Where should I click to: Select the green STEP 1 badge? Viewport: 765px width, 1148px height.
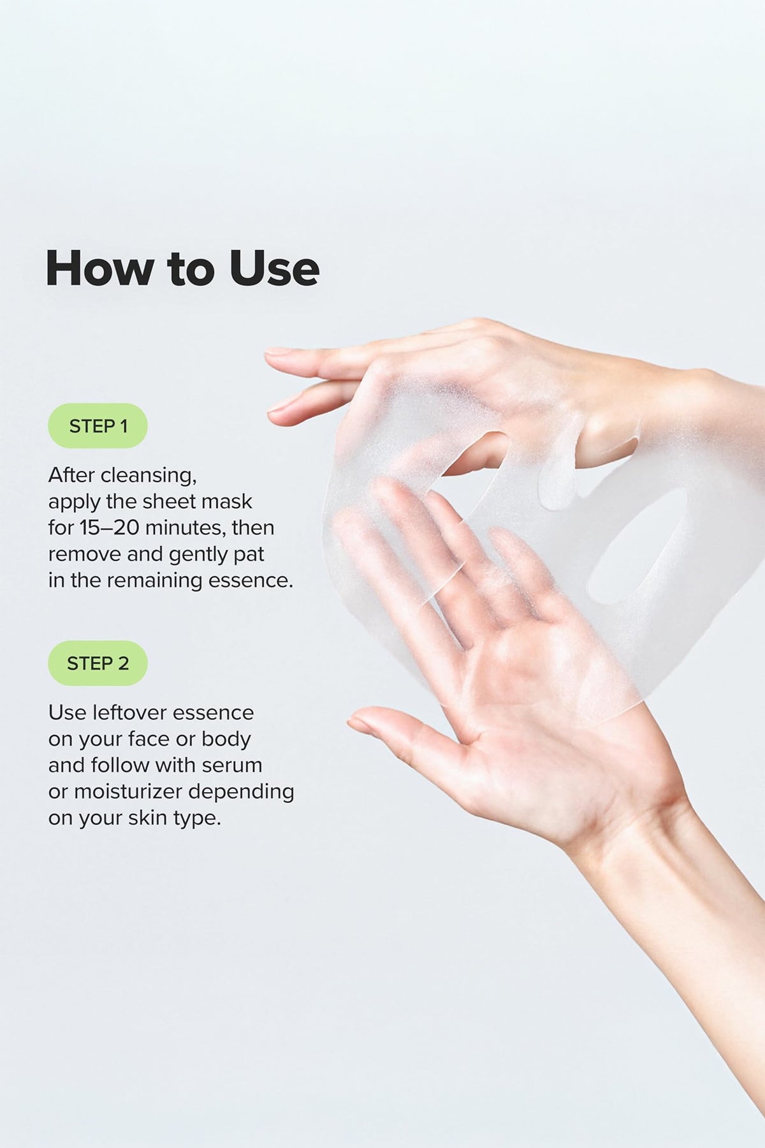click(x=98, y=425)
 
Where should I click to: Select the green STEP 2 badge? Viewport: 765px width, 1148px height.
click(x=98, y=663)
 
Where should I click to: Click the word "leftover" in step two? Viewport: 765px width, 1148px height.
click(x=127, y=712)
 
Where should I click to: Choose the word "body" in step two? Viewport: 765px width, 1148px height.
click(x=226, y=739)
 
